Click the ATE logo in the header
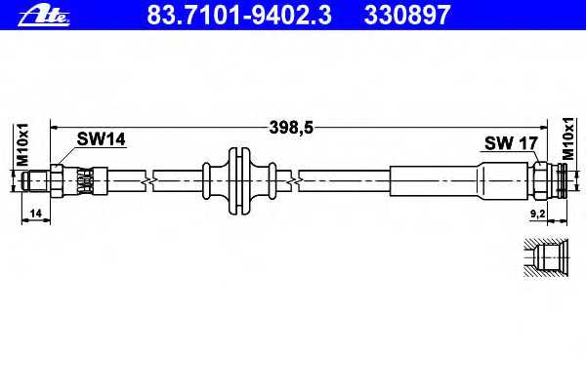coord(44,16)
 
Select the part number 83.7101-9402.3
coord(239,15)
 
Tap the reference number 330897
coord(407,15)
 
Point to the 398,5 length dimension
coord(291,128)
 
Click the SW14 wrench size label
coord(102,139)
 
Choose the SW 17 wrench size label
coord(511,143)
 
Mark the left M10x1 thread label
coord(22,145)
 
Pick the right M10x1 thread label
coord(567,138)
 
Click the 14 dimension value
coord(35,214)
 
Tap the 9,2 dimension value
coord(538,214)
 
